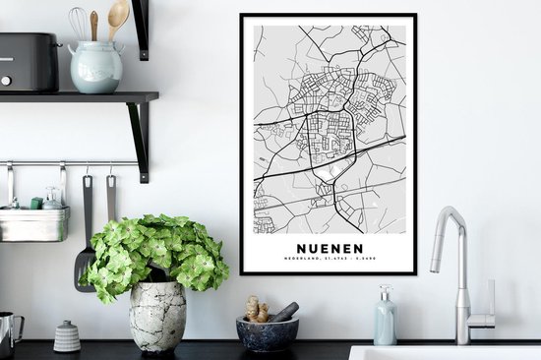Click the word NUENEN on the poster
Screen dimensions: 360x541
[x=328, y=248]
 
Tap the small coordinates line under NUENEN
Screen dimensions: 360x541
[x=328, y=260]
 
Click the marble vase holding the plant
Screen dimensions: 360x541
[x=157, y=317]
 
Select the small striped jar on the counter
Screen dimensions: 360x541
[x=67, y=336]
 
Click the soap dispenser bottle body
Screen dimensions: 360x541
[x=385, y=325]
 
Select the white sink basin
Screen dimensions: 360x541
[x=443, y=352]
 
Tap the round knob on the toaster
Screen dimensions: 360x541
[x=7, y=79]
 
